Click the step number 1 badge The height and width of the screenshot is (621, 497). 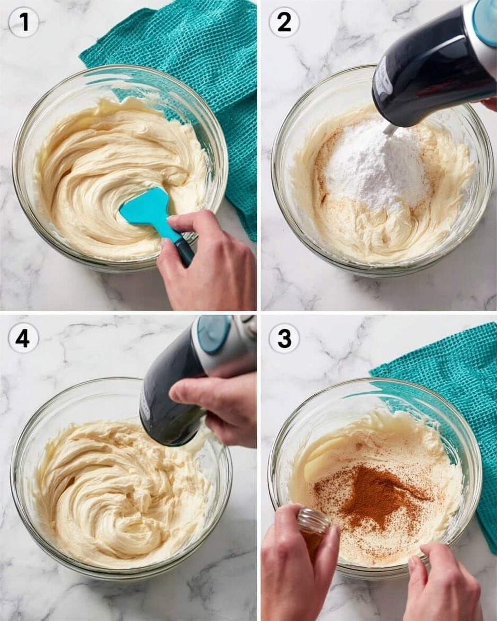pos(24,22)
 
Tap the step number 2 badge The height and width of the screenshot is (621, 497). pos(284,22)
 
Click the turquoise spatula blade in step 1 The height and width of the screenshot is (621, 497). pos(146,210)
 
